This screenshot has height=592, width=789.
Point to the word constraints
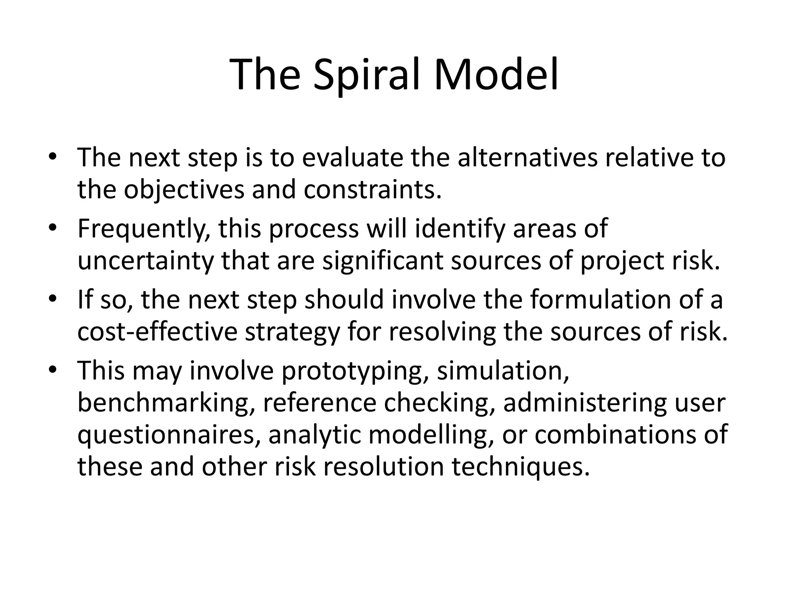click(372, 190)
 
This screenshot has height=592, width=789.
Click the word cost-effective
click(157, 332)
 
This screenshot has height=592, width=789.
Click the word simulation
click(503, 370)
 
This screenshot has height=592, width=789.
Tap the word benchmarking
click(166, 403)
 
